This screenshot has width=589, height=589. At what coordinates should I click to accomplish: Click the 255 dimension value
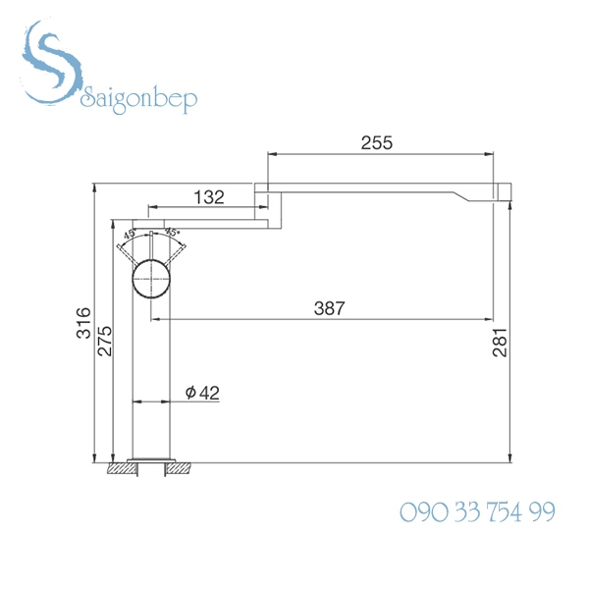coord(376,143)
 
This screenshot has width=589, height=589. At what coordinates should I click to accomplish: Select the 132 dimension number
coord(209,197)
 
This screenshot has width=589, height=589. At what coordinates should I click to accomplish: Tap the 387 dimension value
coord(330,308)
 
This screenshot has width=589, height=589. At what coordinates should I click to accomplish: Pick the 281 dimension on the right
coord(502,342)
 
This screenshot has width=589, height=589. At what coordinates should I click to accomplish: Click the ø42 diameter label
coord(201,392)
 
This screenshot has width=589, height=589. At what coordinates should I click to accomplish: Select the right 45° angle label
coord(173,234)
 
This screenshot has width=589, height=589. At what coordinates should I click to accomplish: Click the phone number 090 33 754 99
coord(477,512)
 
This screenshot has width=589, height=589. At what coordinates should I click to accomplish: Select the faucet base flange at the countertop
coord(151,460)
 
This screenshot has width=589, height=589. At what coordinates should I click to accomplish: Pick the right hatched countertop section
coord(183,469)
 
